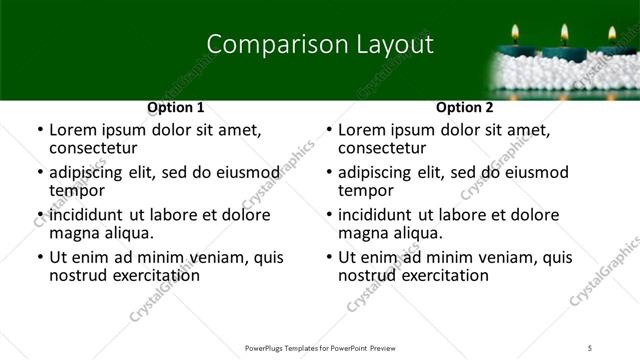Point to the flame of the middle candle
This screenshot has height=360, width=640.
pyautogui.click(x=564, y=33)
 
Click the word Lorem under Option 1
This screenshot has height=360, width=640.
pyautogui.click(x=73, y=130)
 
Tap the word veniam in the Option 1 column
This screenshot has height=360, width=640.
pyautogui.click(x=225, y=258)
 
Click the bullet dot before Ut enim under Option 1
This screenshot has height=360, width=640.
pyautogui.click(x=39, y=258)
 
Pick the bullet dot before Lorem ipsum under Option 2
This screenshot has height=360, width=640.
pyautogui.click(x=329, y=130)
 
